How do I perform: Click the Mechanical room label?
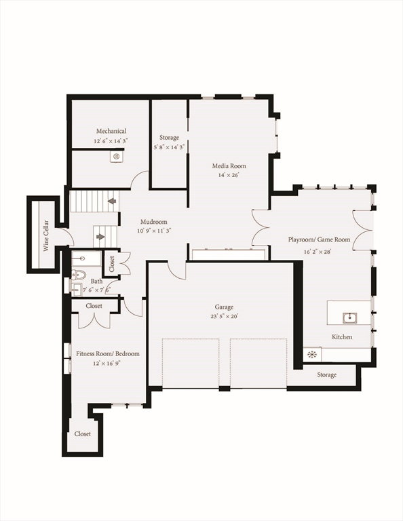pos(111,131)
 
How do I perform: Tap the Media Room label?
pos(229,166)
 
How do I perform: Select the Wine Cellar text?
pos(46,235)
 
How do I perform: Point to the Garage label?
pos(224,307)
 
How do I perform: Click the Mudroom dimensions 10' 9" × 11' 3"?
pos(154,230)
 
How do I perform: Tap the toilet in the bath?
pos(79,275)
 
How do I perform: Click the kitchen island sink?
pos(350,318)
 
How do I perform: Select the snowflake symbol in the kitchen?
pos(311,355)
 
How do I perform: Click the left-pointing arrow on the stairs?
pos(112,201)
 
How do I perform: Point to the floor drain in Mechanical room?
pos(116,156)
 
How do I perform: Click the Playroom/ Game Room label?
pos(319,239)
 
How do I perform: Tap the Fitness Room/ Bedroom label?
pos(108,354)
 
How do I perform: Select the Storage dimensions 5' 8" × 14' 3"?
pos(169,147)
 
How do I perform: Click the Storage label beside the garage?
pos(326,374)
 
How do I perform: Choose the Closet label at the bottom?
pos(83,434)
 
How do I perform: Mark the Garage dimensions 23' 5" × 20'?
pos(224,316)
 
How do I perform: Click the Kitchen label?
pos(342,337)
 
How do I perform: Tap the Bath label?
pos(96,282)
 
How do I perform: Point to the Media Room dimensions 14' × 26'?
pos(229,175)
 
